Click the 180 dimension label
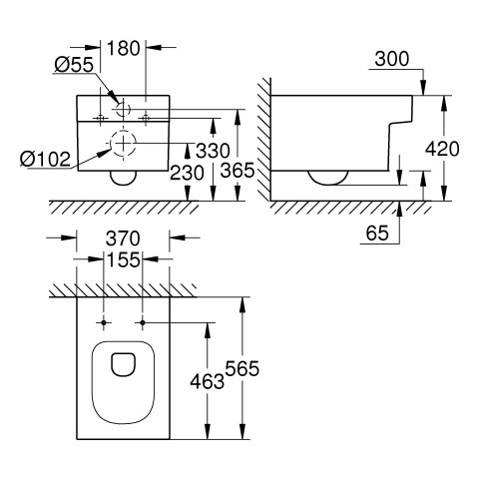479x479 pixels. [124, 49]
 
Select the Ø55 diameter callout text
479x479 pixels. [74, 65]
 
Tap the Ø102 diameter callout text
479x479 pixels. [45, 159]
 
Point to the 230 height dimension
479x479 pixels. [187, 173]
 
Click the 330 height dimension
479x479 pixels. [213, 151]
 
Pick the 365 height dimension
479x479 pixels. [238, 171]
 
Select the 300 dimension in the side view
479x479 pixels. [392, 59]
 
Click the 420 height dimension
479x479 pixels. [442, 149]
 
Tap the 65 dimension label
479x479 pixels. [377, 233]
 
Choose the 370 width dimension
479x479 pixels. [123, 239]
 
